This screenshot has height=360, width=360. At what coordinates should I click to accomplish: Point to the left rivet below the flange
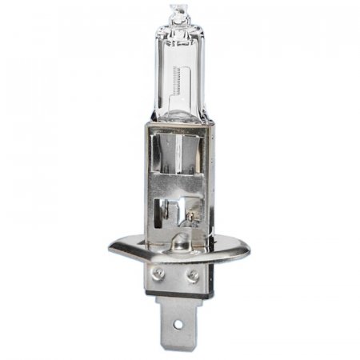[x=161, y=273]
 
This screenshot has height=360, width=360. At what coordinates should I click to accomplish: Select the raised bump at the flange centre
[x=177, y=240]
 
